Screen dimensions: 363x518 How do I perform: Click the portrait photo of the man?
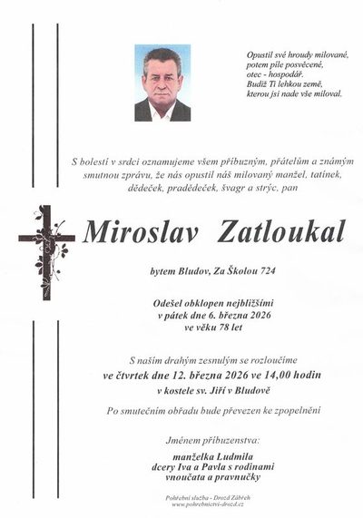pyautogui.click(x=162, y=83)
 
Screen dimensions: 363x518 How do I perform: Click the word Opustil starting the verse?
pyautogui.click(x=260, y=55)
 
